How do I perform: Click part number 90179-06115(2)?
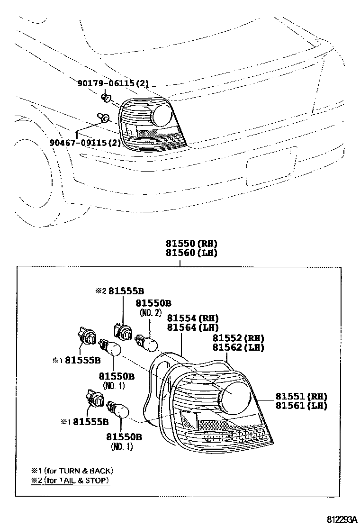[x=113, y=83]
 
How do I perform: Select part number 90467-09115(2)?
[x=85, y=143]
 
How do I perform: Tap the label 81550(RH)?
[x=191, y=243]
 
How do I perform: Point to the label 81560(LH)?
[x=191, y=253]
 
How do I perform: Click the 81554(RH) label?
[x=193, y=318]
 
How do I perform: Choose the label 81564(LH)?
[x=193, y=327]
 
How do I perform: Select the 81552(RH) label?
[x=238, y=338]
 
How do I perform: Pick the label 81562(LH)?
[x=238, y=347]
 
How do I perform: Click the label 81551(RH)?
[x=301, y=396]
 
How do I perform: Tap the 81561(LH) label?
[x=301, y=406]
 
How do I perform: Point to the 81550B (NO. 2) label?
[x=153, y=308]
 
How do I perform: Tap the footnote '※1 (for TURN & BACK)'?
[x=72, y=471]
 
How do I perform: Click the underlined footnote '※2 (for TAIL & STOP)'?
[x=70, y=480]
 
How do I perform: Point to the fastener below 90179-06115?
[x=106, y=98]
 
